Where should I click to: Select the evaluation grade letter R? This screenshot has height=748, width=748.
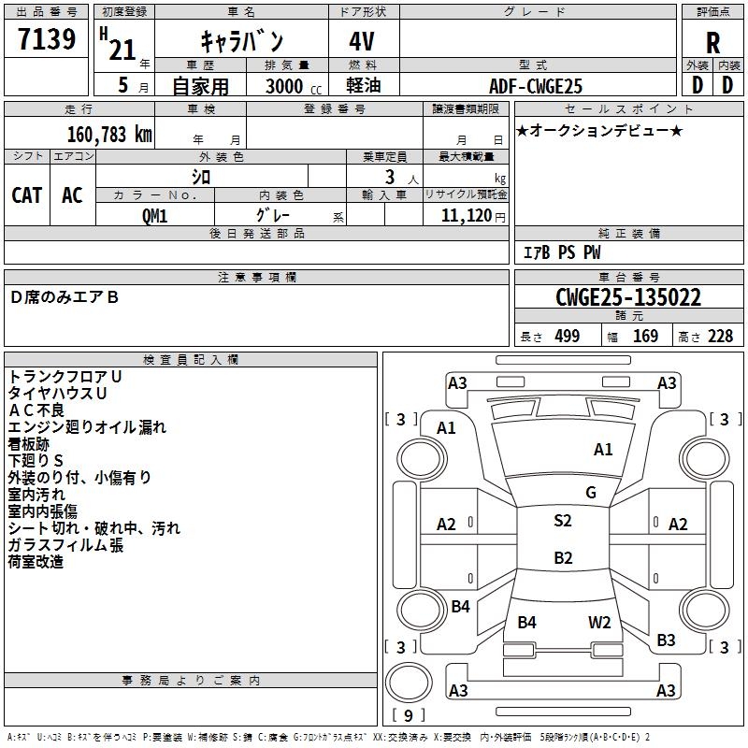tap(712, 43)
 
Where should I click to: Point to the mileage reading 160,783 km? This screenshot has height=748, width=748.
tap(109, 135)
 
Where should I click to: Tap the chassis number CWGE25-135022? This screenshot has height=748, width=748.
tap(627, 297)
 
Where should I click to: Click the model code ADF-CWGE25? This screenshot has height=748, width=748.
tap(536, 86)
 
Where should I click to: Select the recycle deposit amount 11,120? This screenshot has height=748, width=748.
tap(465, 216)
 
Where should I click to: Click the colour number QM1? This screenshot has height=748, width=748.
tap(154, 216)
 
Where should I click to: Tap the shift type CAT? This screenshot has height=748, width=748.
tap(26, 194)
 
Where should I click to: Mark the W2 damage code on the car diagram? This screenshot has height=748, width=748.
tap(599, 622)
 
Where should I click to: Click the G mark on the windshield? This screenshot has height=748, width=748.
tap(590, 492)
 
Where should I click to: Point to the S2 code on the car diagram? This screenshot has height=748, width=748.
tap(562, 521)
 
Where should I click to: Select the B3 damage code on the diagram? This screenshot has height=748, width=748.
tap(666, 640)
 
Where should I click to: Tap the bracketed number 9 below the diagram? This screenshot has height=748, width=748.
tap(407, 715)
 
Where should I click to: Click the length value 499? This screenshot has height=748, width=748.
tap(567, 337)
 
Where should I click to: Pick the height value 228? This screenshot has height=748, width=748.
tap(719, 337)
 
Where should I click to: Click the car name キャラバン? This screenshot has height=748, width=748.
tap(242, 41)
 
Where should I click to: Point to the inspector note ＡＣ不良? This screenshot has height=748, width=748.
tap(36, 410)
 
